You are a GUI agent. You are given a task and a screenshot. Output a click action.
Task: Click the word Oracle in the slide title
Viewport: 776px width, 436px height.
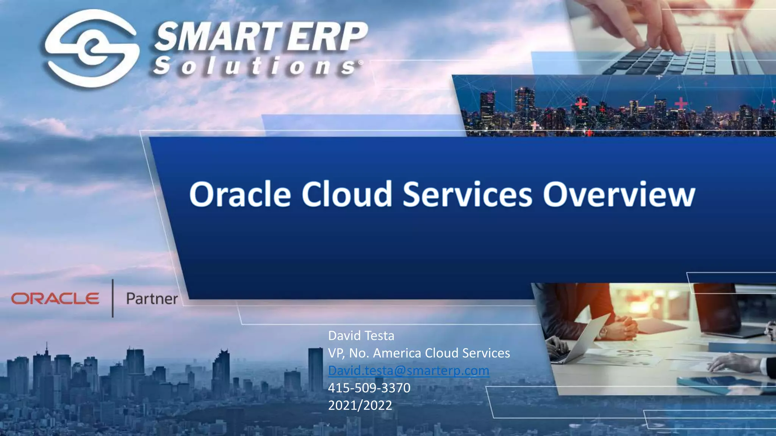point(240,194)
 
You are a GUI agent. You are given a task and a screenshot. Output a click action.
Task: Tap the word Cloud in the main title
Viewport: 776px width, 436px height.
point(346,194)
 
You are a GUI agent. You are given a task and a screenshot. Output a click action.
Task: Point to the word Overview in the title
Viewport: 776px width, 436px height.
point(619,194)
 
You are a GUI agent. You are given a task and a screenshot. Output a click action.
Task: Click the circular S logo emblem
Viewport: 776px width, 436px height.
point(91,48)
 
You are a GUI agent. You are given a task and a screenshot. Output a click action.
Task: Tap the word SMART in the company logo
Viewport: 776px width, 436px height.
point(217,37)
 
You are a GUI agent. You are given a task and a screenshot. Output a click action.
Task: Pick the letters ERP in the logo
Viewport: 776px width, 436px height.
point(327,37)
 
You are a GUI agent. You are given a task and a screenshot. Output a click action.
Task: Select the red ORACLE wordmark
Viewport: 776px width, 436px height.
point(55,299)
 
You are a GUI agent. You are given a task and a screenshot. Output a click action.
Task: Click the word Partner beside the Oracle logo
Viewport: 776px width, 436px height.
point(152,299)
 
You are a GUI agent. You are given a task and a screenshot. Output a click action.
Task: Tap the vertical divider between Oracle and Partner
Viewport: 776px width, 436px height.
point(113,298)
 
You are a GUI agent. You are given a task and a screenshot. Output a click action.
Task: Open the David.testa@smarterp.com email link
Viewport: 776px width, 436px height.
point(408,371)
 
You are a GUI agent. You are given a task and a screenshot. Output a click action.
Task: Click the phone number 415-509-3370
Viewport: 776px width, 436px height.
point(369,388)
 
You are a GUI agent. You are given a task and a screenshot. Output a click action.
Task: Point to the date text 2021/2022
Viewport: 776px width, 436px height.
point(360,405)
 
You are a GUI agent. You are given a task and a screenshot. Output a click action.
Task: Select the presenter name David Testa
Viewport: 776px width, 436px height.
point(361,336)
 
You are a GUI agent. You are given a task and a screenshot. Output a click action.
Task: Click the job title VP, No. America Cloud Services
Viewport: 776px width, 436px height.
point(419,353)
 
